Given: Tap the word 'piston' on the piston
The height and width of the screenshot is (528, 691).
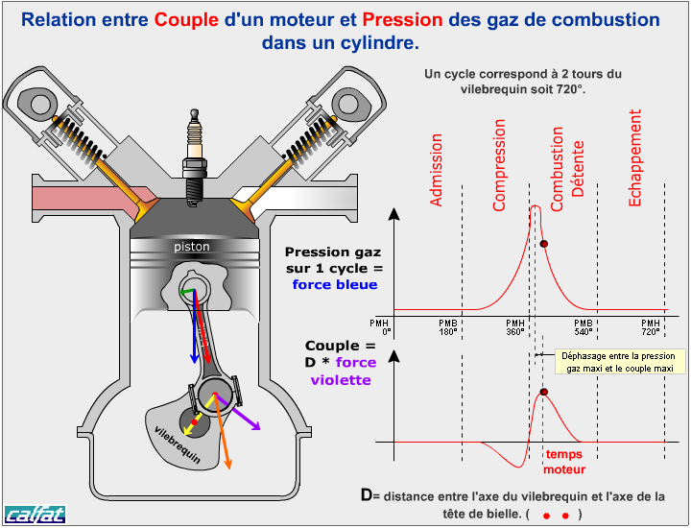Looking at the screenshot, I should [192, 247].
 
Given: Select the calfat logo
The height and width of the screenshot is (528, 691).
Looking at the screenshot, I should [35, 515].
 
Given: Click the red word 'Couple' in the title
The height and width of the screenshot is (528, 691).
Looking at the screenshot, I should [186, 20].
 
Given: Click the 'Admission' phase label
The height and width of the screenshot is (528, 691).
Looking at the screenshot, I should [438, 170].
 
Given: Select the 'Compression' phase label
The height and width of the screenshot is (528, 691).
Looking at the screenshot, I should [499, 164].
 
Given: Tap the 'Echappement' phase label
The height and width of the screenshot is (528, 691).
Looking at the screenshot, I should [635, 157].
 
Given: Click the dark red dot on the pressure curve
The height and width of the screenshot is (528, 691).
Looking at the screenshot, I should [544, 244].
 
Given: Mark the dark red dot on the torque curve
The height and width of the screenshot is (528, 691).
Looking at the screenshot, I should [544, 392].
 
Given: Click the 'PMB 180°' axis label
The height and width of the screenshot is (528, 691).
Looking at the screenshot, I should [447, 327].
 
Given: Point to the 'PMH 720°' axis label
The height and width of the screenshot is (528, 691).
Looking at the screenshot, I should [651, 327].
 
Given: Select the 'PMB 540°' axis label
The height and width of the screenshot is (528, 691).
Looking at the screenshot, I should [584, 327].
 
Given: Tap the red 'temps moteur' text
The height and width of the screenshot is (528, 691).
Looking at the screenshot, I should [563, 463].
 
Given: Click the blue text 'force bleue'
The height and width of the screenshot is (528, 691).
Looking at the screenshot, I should [335, 284].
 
